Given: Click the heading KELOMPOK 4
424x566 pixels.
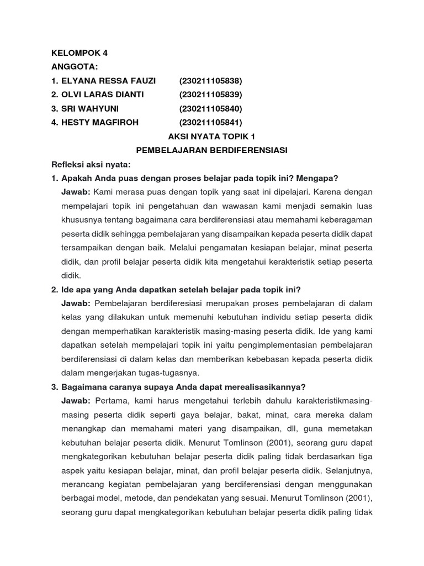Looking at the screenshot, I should (79, 53).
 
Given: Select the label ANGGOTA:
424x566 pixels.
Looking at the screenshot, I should (75, 67).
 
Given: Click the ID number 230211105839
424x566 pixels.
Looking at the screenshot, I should (211, 95).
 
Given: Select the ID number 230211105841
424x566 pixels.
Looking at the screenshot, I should (211, 122).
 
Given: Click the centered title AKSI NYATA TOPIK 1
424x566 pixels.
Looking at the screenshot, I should (211, 137).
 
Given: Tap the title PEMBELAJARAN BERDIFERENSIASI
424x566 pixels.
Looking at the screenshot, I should (212, 150).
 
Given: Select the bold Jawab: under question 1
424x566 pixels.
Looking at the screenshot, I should (76, 192).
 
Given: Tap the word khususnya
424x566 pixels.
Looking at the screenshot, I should (79, 220).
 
